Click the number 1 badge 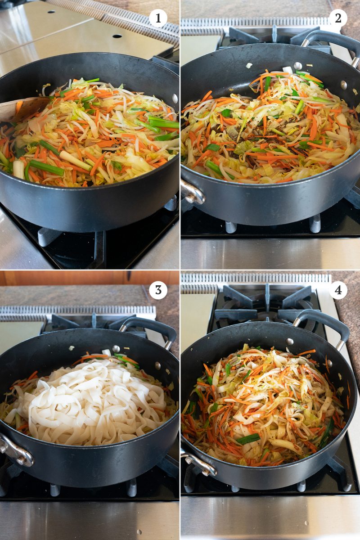tap(158, 18)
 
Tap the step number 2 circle tap(338, 18)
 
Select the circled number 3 tap(158, 290)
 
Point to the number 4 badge tap(338, 290)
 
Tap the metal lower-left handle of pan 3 tap(16, 452)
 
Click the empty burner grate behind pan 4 tap(265, 304)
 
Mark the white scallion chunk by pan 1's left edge tap(18, 169)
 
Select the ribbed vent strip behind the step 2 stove tap(256, 22)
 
